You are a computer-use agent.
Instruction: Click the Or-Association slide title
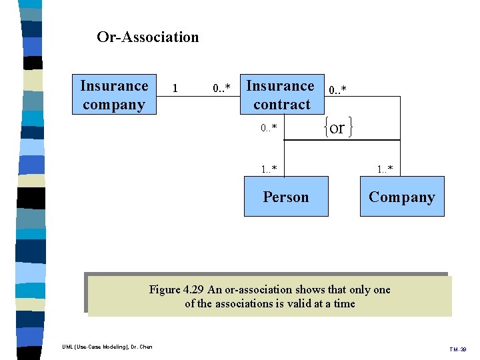tap(147, 37)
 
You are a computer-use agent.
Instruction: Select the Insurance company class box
tap(114, 95)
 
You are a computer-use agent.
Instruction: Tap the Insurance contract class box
tap(281, 95)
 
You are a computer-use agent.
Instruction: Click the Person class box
tap(286, 197)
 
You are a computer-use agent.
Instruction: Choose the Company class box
tap(402, 197)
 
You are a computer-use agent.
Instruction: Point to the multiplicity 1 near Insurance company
tap(175, 88)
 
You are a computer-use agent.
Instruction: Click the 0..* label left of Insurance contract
tap(221, 88)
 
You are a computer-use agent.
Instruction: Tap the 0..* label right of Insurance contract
tap(339, 89)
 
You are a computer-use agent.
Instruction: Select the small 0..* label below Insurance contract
tap(269, 127)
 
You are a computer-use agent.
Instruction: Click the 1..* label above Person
tap(269, 169)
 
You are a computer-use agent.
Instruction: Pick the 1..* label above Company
tap(385, 169)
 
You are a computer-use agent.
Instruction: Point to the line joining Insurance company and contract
tap(198, 97)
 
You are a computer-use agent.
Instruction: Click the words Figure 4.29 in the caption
tap(176, 289)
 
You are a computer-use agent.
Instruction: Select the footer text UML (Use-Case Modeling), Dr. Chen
tap(107, 347)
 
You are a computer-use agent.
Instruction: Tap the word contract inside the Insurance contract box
tap(281, 105)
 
